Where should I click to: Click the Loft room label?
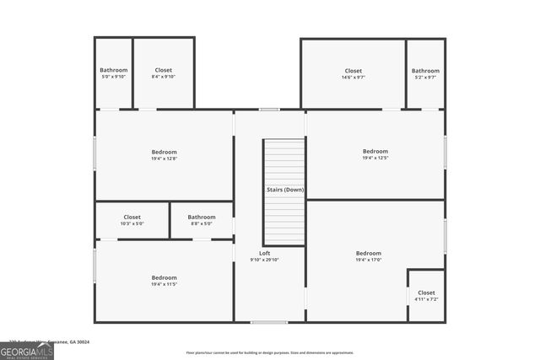pos(264,253)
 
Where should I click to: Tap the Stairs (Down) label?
pos(285,191)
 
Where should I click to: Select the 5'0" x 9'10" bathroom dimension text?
pos(113,77)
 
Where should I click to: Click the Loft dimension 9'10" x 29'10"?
pos(264,260)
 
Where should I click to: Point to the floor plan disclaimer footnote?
pos(270,353)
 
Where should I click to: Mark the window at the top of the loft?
pos(269,109)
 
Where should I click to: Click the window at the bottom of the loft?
pos(269,322)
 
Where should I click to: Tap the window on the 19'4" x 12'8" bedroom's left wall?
pos(94,153)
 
